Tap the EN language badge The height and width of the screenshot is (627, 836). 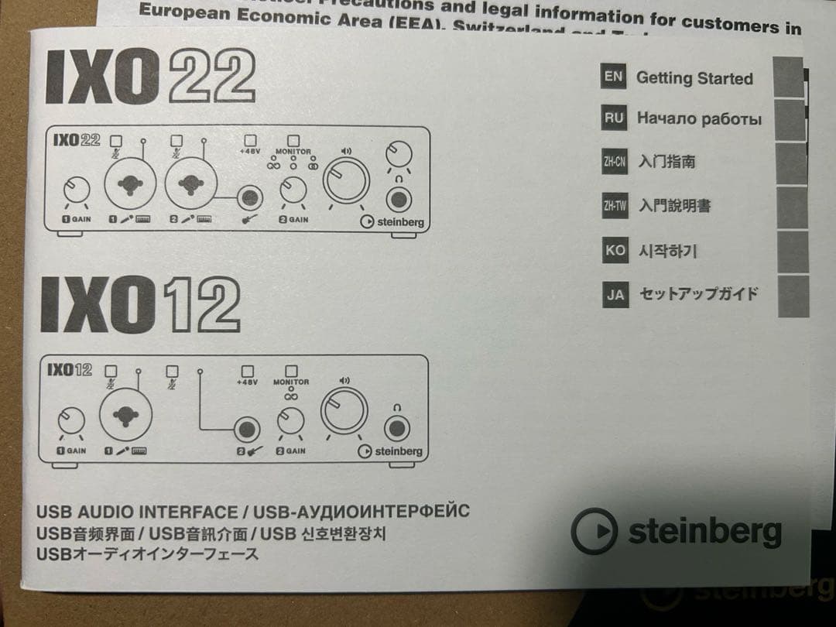613,77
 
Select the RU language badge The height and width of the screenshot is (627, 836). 614,118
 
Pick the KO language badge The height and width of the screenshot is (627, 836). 615,251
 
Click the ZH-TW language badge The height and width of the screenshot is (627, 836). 615,206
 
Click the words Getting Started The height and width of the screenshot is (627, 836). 694,78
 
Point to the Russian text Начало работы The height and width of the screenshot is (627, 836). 699,119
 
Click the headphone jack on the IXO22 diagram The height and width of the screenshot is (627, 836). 399,200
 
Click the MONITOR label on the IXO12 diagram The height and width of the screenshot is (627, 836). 291,382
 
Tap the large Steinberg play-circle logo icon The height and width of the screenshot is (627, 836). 594,530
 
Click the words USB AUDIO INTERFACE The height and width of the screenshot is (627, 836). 137,512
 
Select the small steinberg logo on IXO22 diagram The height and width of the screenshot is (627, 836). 392,222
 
